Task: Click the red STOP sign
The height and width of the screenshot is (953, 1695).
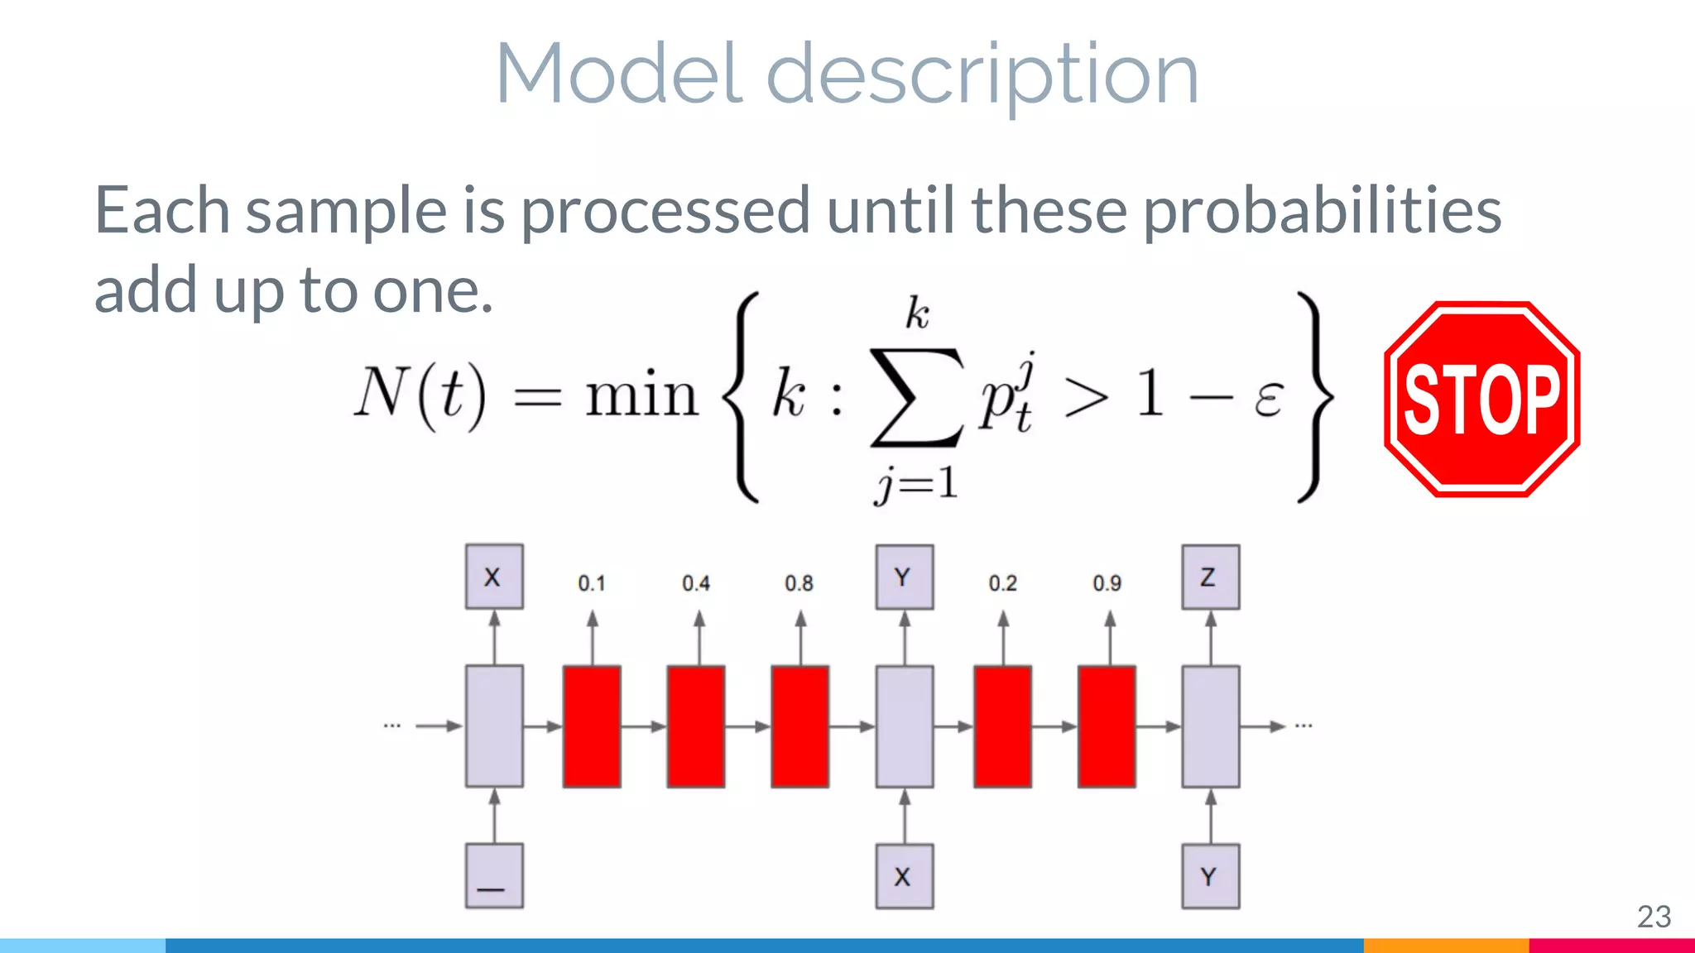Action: click(x=1481, y=399)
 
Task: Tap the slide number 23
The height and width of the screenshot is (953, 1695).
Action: click(x=1654, y=917)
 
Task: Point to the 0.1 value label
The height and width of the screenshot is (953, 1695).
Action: click(x=592, y=583)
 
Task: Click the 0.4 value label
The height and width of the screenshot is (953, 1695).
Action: click(x=696, y=583)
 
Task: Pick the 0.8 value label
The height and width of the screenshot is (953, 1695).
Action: click(x=799, y=583)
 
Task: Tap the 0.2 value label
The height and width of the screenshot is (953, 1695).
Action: click(x=1003, y=583)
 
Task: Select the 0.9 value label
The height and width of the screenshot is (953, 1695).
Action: click(x=1107, y=583)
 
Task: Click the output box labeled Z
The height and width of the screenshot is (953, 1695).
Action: click(x=1210, y=577)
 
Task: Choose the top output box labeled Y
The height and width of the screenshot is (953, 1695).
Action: click(x=904, y=577)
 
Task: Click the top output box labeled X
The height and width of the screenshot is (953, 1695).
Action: click(x=494, y=577)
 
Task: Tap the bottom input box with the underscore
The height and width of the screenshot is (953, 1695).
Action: click(x=494, y=876)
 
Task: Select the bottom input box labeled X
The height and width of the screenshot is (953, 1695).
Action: click(x=904, y=876)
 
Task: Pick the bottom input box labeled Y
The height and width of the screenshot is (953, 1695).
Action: click(x=1210, y=876)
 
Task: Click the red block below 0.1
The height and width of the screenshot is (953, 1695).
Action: click(x=592, y=726)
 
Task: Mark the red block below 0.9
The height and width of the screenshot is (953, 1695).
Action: click(x=1107, y=726)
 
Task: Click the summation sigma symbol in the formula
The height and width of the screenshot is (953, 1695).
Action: click(x=917, y=397)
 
